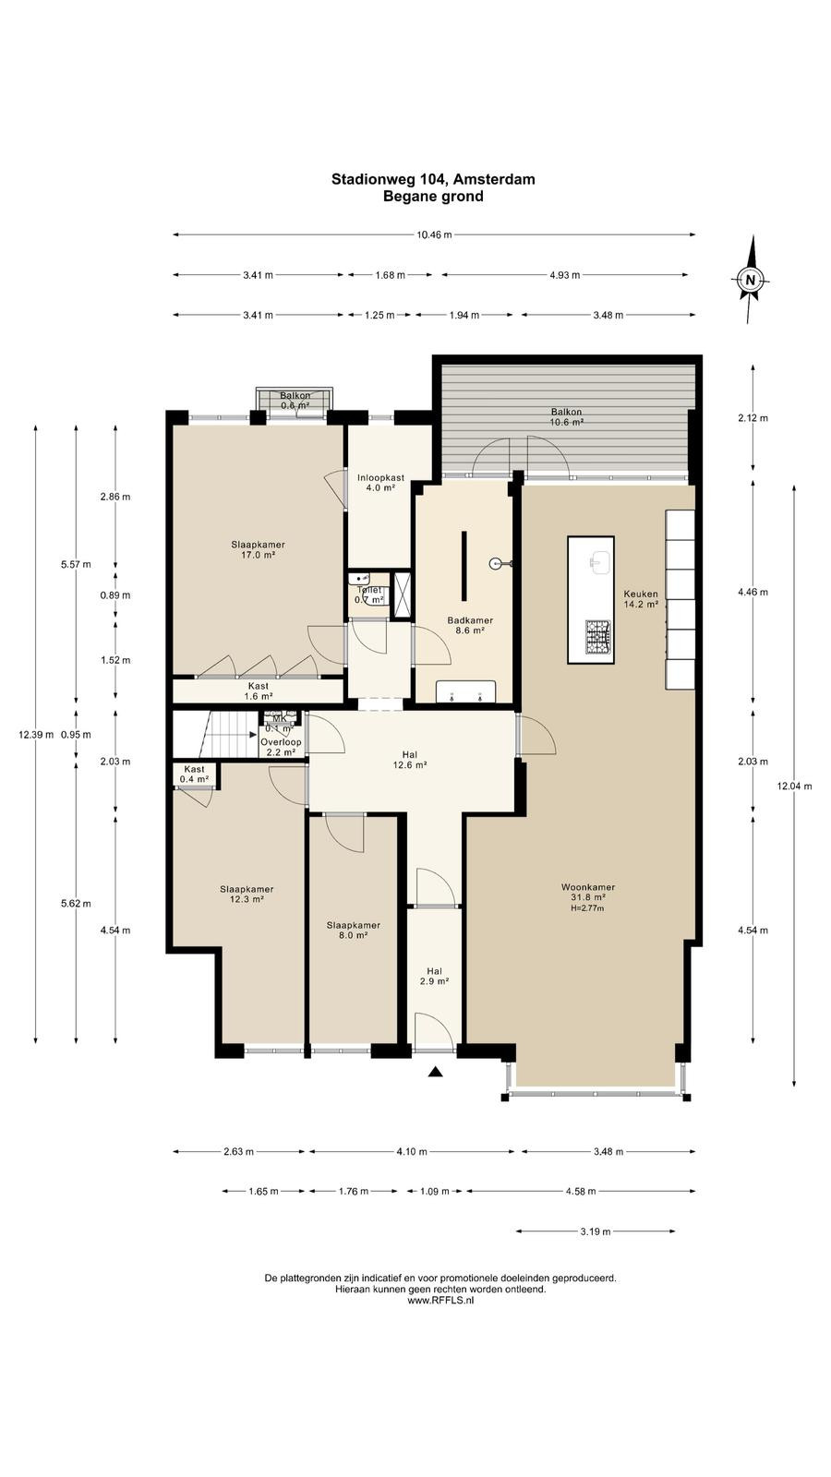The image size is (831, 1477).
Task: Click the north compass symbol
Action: tap(750, 279)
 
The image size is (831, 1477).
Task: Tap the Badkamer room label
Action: tap(470, 620)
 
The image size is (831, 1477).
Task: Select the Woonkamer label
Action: tap(588, 887)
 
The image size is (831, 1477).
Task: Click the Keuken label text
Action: tap(641, 594)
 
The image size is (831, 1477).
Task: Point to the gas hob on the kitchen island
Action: tap(599, 637)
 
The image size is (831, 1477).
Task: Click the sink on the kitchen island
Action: tap(599, 564)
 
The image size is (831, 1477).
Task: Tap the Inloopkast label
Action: tap(381, 477)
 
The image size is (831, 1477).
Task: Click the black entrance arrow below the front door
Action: tap(435, 1072)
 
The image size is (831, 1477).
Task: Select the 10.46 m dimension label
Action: tap(435, 234)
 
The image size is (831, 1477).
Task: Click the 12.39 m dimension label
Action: tap(36, 735)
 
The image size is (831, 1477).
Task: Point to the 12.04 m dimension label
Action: tap(794, 786)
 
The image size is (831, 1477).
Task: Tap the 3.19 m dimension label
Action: tap(595, 1231)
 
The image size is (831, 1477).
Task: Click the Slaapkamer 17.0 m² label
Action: tap(258, 550)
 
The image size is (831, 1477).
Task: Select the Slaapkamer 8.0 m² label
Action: tap(354, 930)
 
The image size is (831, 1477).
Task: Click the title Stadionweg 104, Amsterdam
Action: tap(433, 179)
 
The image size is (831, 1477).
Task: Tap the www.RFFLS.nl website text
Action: tap(440, 1301)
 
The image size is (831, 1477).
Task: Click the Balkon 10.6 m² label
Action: tap(567, 416)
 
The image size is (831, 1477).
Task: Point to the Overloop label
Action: tap(281, 742)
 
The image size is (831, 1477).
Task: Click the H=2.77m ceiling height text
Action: tap(587, 908)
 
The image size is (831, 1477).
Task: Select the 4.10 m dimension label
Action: tap(412, 1151)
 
